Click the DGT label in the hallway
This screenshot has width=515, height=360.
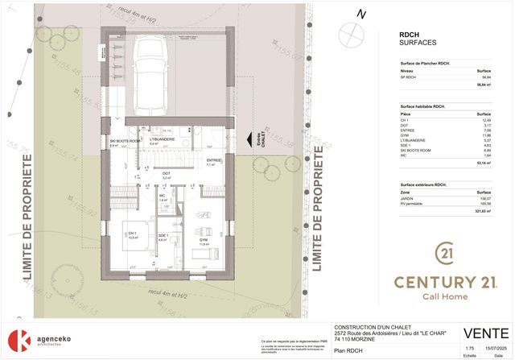166,173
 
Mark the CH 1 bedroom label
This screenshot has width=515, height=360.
133,234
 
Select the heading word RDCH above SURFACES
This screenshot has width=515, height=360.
409,35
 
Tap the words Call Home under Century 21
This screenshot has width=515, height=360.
445,296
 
